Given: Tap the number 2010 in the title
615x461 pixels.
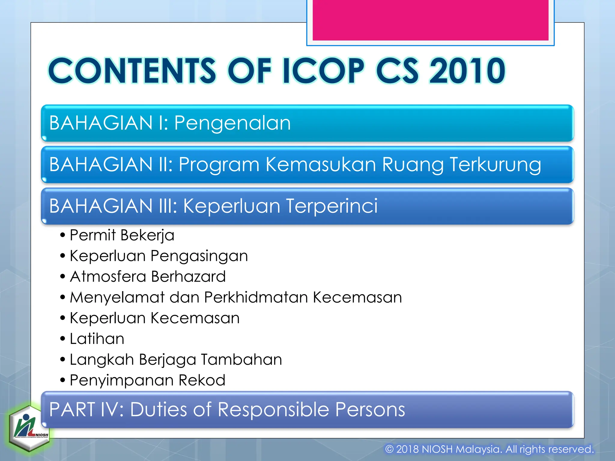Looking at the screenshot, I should pyautogui.click(x=467, y=71).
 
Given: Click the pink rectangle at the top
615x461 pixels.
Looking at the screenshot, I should pyautogui.click(x=430, y=20).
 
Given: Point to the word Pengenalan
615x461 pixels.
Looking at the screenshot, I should pyautogui.click(x=232, y=123).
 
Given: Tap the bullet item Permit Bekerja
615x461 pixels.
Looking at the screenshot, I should pyautogui.click(x=122, y=235).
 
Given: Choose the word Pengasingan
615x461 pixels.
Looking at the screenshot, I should pyautogui.click(x=199, y=256).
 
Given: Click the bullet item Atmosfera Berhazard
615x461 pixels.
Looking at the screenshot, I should pyautogui.click(x=147, y=276).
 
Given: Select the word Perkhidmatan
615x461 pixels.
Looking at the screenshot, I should pyautogui.click(x=256, y=297).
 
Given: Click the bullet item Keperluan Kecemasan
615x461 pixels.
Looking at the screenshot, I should pyautogui.click(x=155, y=318).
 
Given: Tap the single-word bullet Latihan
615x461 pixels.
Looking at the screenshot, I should pyautogui.click(x=97, y=339).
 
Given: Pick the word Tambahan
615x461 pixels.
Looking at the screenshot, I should pyautogui.click(x=241, y=360).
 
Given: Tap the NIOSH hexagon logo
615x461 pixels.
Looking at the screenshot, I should pyautogui.click(x=29, y=428).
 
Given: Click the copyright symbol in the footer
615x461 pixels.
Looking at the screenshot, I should pyautogui.click(x=389, y=449).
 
